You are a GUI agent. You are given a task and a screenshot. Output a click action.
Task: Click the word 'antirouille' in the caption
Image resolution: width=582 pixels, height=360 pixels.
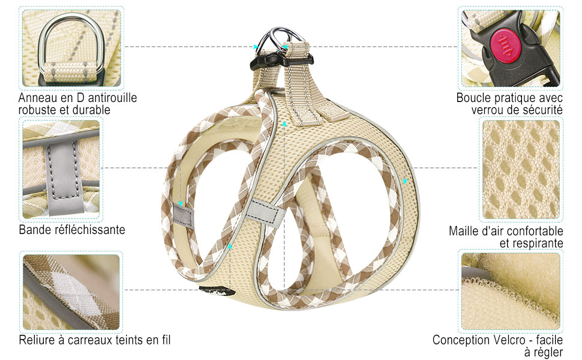[x=111, y=98]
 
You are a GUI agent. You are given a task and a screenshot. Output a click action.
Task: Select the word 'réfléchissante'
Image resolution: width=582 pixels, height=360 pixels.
[x=90, y=230]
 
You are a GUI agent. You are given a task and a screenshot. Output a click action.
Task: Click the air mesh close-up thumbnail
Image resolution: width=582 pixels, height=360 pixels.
[x=521, y=170]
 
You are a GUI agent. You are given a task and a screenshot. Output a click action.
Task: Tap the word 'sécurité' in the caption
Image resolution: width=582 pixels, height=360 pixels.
[x=542, y=110]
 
